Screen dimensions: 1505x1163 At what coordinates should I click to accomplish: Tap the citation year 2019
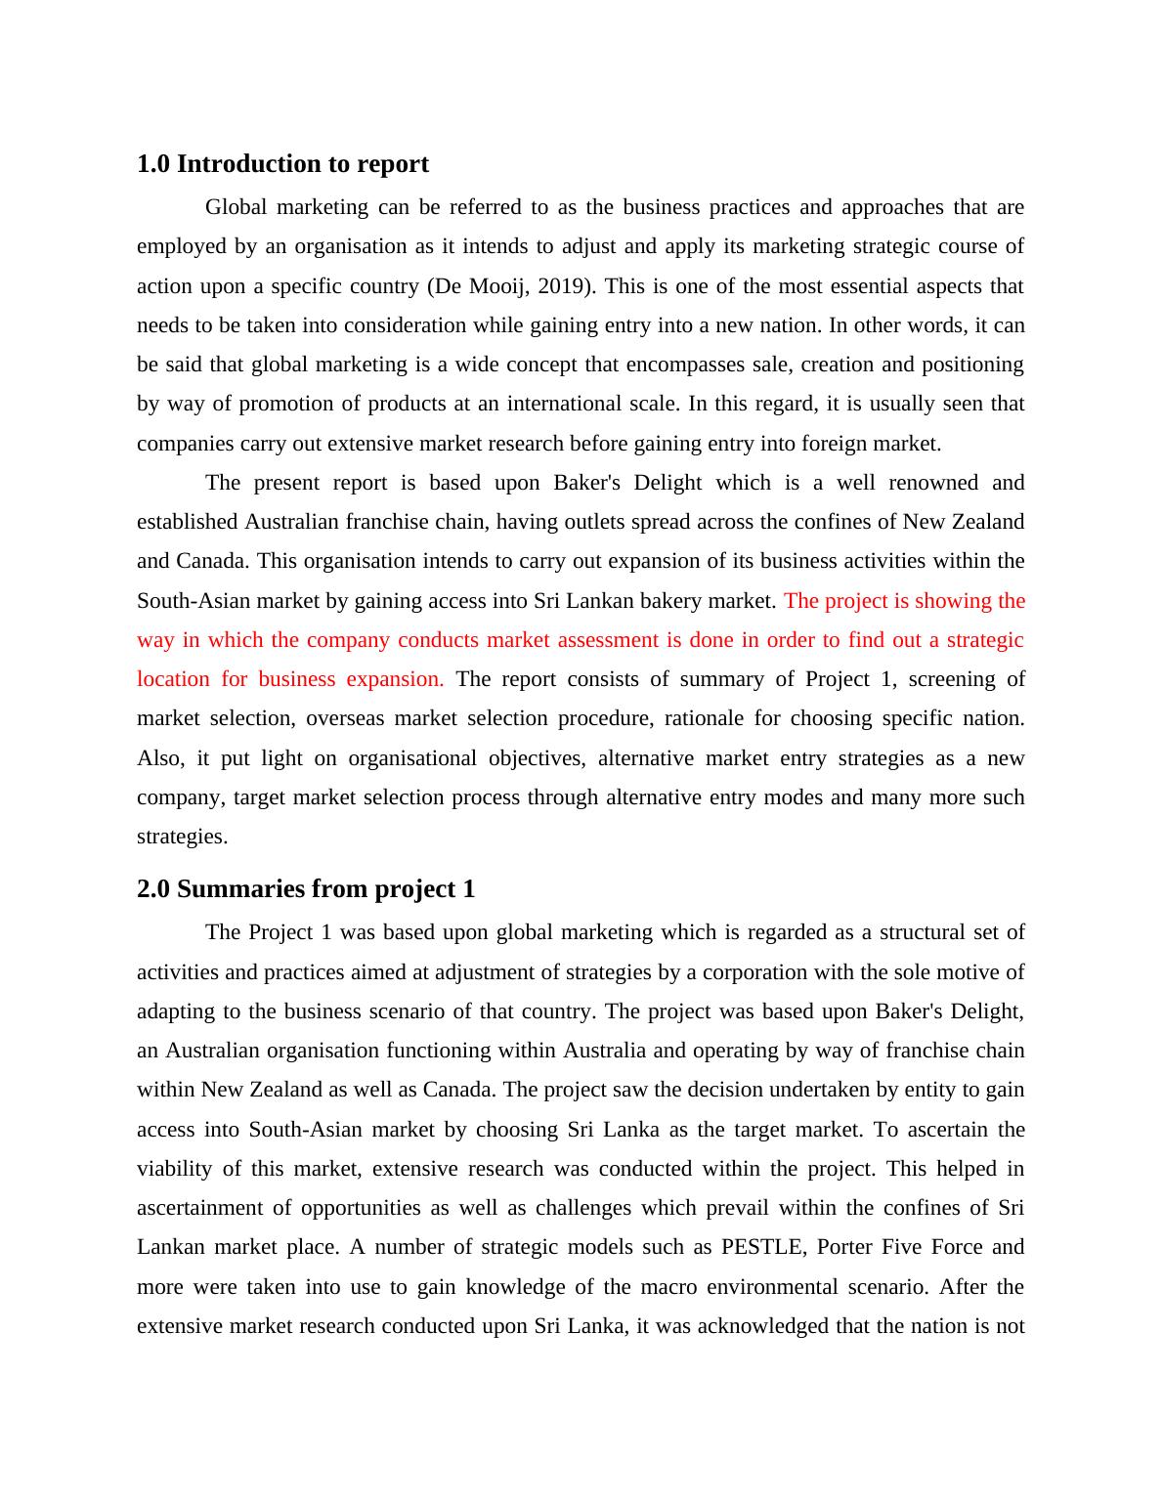(561, 286)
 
